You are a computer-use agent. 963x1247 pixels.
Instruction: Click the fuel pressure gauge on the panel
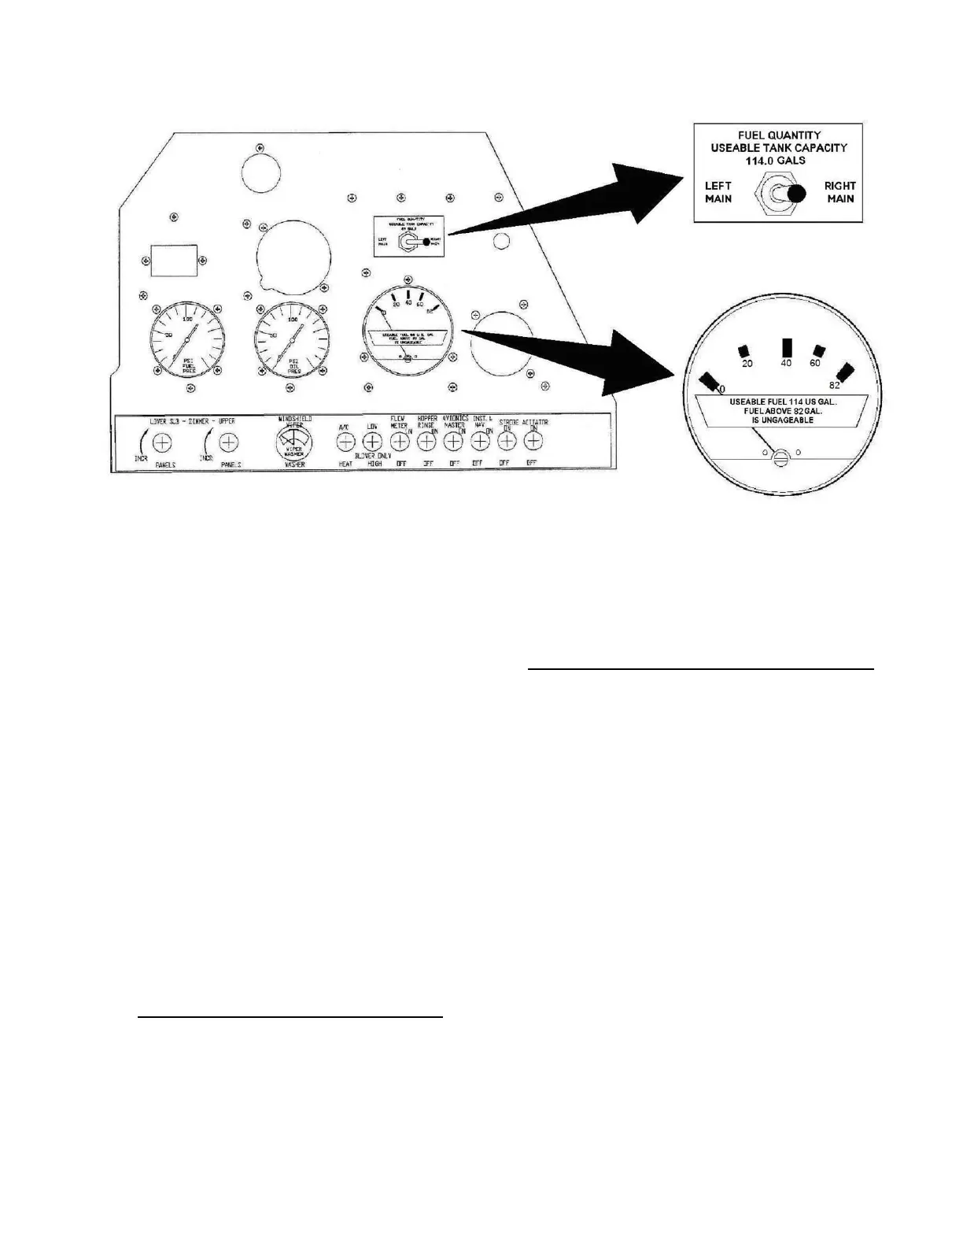tap(187, 338)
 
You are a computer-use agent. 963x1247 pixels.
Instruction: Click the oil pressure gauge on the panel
tap(292, 338)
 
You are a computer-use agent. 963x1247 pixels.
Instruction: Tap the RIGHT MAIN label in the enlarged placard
tap(839, 193)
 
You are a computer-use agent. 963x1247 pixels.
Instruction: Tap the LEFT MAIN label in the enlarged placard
tap(718, 193)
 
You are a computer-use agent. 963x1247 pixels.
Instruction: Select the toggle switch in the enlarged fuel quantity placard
tap(779, 194)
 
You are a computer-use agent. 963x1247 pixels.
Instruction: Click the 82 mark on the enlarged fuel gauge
tap(835, 385)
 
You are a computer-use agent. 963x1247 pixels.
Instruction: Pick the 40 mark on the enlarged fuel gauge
tap(786, 363)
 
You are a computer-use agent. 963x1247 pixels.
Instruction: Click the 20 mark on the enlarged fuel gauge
tap(747, 363)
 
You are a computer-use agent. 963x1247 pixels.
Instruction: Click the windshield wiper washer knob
tap(293, 445)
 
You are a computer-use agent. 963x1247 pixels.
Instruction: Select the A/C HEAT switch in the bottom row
tap(345, 443)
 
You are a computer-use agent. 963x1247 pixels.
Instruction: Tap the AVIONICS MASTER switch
tap(453, 443)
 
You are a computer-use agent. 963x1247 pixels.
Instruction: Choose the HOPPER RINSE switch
tap(426, 443)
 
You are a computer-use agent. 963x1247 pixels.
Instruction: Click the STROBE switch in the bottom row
tap(507, 443)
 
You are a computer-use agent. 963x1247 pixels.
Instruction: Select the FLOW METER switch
tap(400, 443)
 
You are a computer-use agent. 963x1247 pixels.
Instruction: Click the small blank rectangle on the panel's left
tap(174, 260)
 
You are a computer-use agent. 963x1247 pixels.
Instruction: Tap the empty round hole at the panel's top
tap(261, 171)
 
